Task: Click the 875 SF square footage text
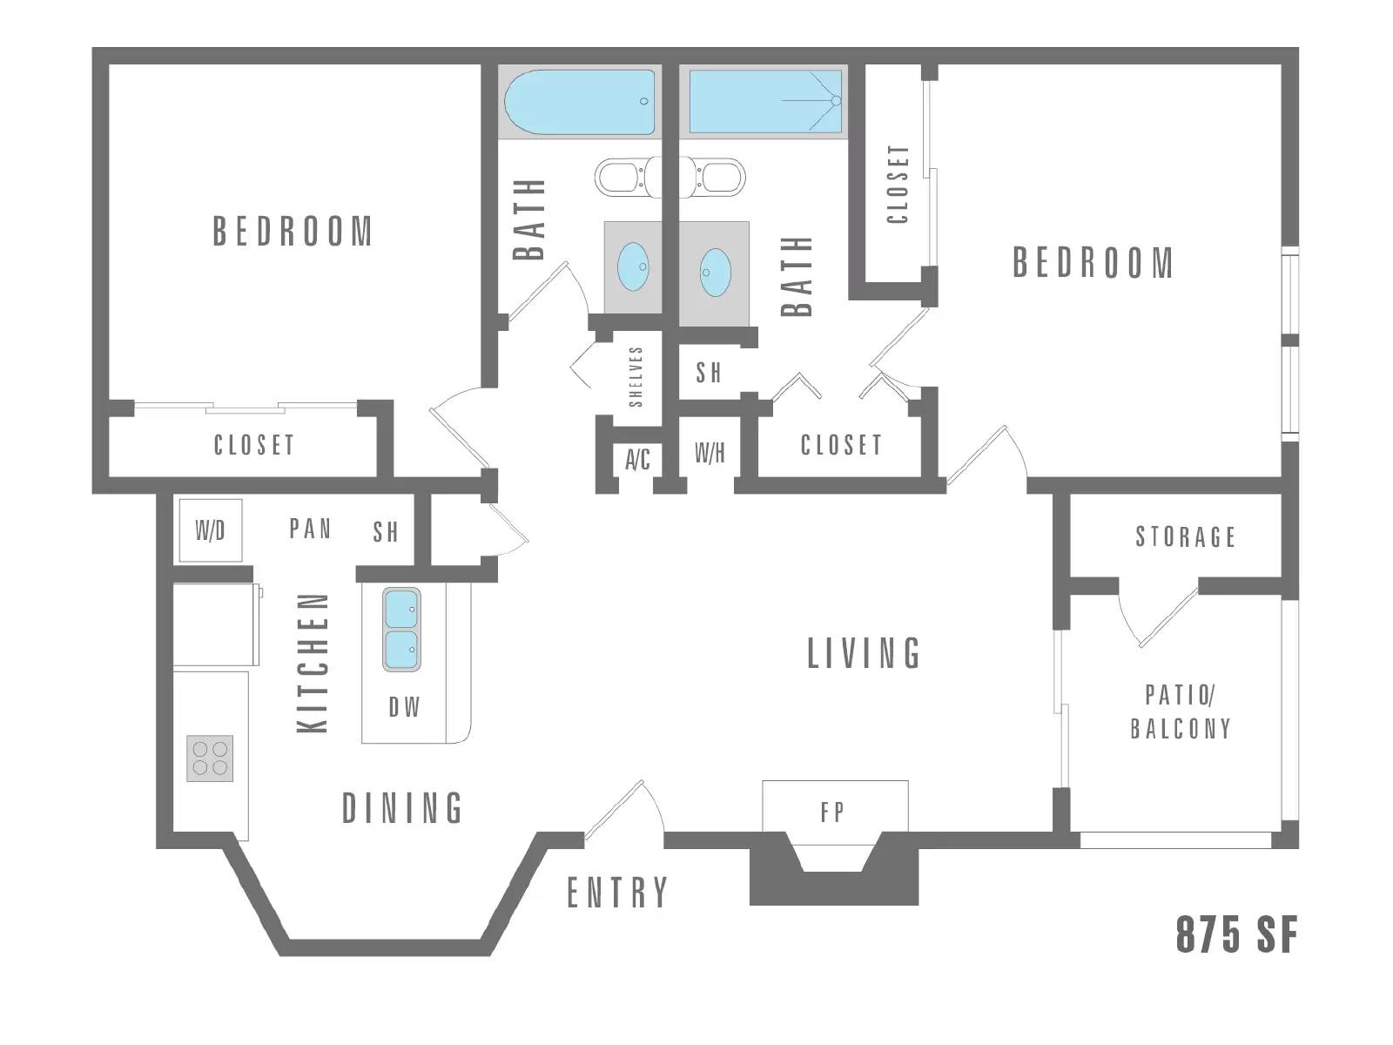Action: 1235,935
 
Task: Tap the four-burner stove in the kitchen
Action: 210,758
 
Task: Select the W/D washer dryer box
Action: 210,530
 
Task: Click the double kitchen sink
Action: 401,630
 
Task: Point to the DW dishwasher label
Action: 404,707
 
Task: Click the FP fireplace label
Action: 832,812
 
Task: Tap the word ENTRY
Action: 617,893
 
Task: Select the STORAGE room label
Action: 1185,536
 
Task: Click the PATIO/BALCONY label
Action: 1181,711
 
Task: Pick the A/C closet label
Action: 637,459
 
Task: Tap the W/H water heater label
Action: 710,453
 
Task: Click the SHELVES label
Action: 636,377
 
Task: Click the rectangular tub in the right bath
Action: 765,101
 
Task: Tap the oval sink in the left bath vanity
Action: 633,266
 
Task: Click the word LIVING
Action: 863,654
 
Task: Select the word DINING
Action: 402,809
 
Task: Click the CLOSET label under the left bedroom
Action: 253,445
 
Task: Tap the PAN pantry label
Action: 310,529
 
